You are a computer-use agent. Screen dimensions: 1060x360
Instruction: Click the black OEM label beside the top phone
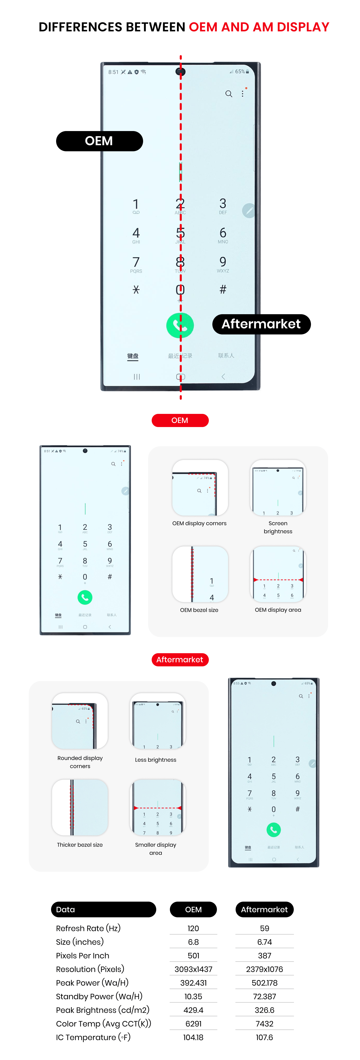click(x=99, y=141)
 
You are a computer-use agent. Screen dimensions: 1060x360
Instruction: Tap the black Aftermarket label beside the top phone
click(x=261, y=324)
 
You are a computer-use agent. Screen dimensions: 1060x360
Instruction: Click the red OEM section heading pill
click(x=180, y=420)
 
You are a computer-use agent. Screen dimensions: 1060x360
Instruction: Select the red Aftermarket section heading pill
click(x=180, y=660)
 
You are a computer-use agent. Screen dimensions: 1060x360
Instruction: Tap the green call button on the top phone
click(x=180, y=326)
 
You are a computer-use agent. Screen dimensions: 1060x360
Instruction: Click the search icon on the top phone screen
click(x=229, y=94)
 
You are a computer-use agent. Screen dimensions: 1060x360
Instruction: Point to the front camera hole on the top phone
click(x=180, y=72)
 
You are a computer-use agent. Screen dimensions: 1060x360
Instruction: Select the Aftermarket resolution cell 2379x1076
click(x=264, y=969)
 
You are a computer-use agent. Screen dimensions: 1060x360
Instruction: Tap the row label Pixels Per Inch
click(x=83, y=956)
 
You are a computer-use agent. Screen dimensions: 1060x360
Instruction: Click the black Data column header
click(x=103, y=909)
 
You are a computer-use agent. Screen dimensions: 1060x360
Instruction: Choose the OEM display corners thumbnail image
click(x=200, y=487)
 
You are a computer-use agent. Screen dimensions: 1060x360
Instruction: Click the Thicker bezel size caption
click(x=80, y=845)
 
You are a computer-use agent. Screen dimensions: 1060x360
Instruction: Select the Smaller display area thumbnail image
click(x=157, y=807)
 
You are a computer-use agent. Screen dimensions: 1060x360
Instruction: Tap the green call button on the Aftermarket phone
click(x=274, y=830)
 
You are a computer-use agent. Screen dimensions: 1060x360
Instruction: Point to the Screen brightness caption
click(x=278, y=527)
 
